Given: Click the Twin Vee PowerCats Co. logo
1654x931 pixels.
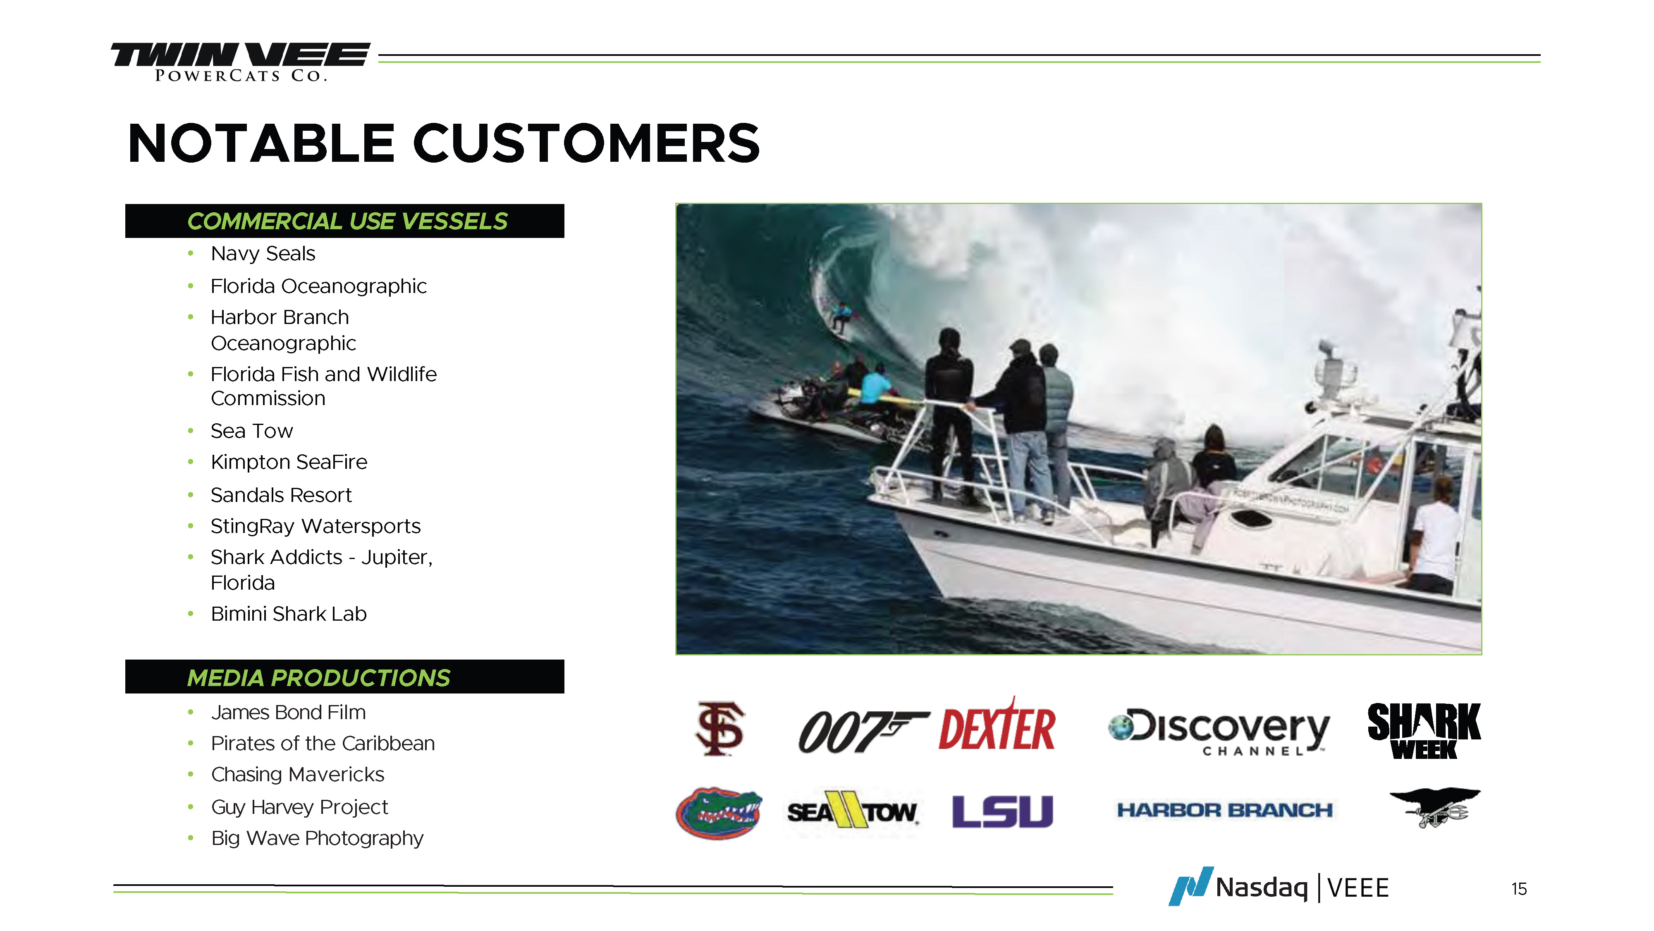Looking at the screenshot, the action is (240, 62).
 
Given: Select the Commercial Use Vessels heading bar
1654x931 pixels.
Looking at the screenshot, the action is (345, 221).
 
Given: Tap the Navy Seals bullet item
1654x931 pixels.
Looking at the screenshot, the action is (263, 254).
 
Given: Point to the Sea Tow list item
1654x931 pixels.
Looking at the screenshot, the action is (252, 431).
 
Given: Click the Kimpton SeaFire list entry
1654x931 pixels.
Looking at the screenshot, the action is (289, 462).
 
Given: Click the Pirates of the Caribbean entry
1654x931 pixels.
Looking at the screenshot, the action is (323, 744).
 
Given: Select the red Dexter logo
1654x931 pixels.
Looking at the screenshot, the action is (997, 725).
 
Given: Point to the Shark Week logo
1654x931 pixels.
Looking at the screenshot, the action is (1424, 731).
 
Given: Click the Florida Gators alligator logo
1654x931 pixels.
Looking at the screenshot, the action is (719, 813).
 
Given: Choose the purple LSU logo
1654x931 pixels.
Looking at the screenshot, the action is (1003, 811).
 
